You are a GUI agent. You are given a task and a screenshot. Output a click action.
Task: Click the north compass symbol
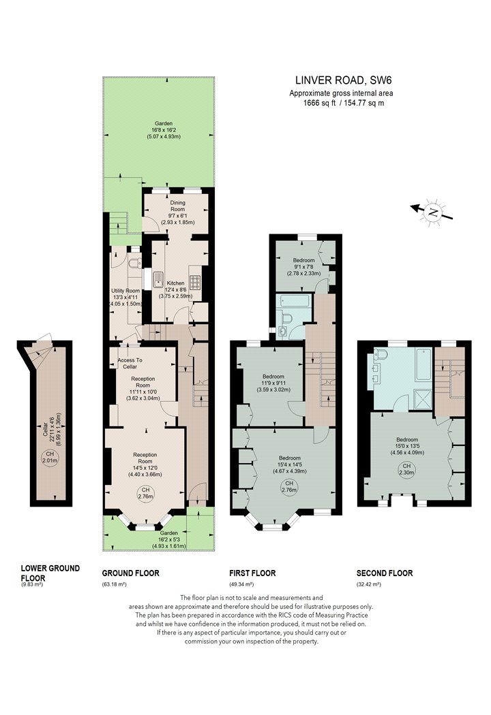click(432, 212)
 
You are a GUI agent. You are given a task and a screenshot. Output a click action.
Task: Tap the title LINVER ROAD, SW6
click(344, 81)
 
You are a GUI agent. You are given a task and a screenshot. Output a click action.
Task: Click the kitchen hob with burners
click(194, 281)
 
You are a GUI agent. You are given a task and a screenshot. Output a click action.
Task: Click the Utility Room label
click(125, 291)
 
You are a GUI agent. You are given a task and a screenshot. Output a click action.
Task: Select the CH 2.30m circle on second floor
click(406, 469)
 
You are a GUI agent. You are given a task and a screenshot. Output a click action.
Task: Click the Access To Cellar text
click(130, 364)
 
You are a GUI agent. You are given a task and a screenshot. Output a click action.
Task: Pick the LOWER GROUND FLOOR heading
click(50, 573)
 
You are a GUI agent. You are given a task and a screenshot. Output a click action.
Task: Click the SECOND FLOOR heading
click(385, 573)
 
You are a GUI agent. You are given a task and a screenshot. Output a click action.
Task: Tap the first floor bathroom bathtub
click(290, 302)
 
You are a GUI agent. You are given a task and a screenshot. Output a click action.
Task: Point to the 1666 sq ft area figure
click(320, 103)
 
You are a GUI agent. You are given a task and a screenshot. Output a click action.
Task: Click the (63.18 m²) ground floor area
click(114, 584)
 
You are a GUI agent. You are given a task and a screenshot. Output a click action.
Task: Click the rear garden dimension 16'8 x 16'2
click(164, 130)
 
